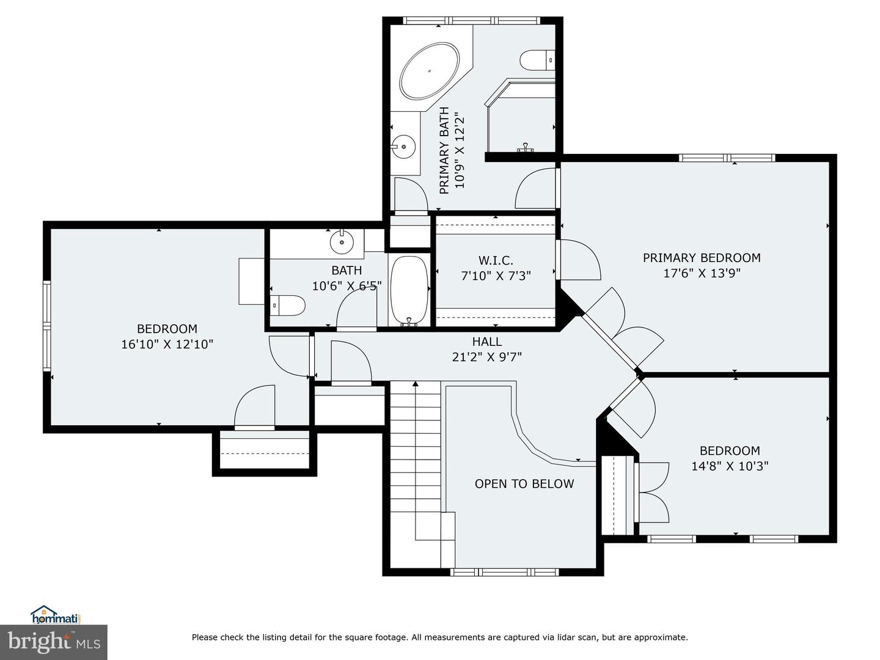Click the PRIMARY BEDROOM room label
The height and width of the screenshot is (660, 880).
[701, 258]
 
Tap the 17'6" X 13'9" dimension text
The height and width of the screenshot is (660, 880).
[702, 273]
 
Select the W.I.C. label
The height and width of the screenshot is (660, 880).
[496, 260]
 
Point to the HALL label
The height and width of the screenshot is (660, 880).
[486, 342]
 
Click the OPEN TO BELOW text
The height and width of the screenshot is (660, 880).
[524, 483]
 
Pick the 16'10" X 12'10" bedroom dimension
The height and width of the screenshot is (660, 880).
[167, 344]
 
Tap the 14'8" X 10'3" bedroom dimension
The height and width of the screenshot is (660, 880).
[730, 466]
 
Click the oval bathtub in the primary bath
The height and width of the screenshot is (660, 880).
[430, 71]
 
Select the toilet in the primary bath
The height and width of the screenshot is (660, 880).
[537, 60]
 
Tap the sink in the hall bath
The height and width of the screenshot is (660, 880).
[342, 242]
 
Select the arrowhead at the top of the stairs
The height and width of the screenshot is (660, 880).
[416, 384]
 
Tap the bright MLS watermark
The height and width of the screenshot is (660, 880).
[54, 642]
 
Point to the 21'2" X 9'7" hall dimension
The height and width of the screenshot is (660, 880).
[486, 357]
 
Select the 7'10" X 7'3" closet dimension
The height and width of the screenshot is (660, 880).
[496, 276]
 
